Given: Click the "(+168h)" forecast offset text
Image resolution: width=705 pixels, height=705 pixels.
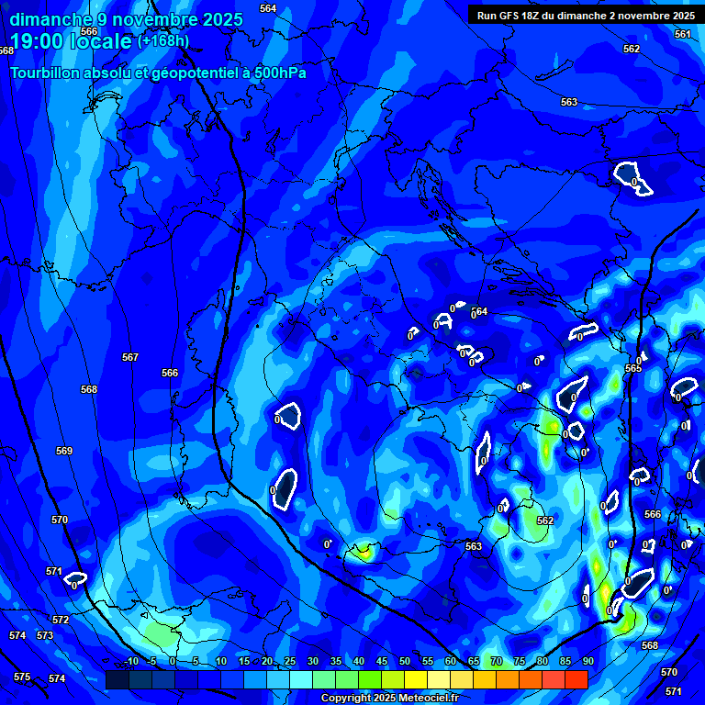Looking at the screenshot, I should [163, 40].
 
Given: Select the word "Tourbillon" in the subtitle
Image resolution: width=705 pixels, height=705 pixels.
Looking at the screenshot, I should [45, 73].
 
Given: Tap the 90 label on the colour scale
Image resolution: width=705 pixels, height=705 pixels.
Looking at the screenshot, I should [587, 662].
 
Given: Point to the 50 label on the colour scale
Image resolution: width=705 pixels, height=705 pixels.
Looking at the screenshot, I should [405, 662].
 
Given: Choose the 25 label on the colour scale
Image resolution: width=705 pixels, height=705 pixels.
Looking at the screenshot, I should [290, 662].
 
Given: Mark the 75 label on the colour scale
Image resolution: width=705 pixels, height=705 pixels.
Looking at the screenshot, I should [520, 662].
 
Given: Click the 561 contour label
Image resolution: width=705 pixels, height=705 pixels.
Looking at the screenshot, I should [682, 34].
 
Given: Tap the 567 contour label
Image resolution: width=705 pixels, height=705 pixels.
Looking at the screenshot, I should [130, 357].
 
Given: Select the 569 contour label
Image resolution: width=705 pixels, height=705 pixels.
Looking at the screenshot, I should [64, 451].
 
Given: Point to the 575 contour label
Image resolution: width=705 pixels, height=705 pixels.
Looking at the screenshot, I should [22, 677].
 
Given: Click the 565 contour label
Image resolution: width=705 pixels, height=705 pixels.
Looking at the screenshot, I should [633, 368].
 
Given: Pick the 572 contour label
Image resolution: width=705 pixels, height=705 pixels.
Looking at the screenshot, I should [61, 621].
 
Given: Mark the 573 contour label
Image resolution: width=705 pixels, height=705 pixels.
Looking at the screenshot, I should [45, 635].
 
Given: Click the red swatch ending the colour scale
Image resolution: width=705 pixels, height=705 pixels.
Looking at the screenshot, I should [576, 679].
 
